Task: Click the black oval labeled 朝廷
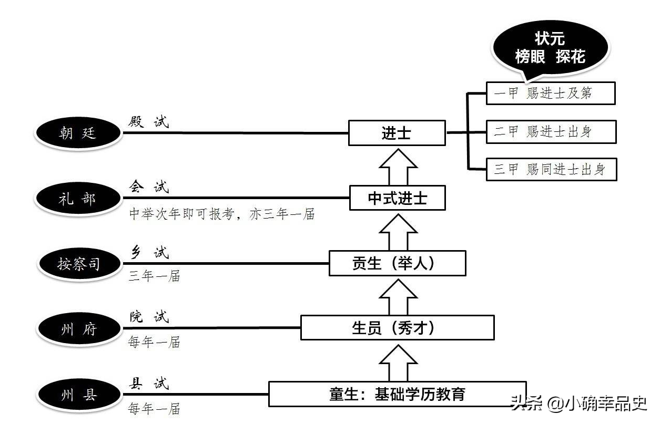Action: tap(78, 132)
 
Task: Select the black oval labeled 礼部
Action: tap(78, 198)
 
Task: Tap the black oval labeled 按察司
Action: tap(78, 263)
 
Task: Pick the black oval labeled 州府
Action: tap(78, 329)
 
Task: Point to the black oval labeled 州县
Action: tap(78, 395)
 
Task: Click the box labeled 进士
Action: tap(397, 133)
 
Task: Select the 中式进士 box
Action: tap(397, 198)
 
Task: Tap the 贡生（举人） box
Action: tap(397, 263)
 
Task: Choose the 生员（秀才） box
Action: tap(397, 328)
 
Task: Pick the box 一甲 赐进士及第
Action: tap(550, 94)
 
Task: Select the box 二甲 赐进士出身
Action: tap(550, 131)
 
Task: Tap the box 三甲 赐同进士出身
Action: tap(551, 169)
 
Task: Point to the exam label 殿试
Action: tap(149, 122)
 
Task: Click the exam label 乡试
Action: tap(149, 253)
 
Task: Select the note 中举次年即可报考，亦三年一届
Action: tap(221, 214)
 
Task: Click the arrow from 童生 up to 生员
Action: tap(398, 363)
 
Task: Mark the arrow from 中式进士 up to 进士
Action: tap(398, 166)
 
